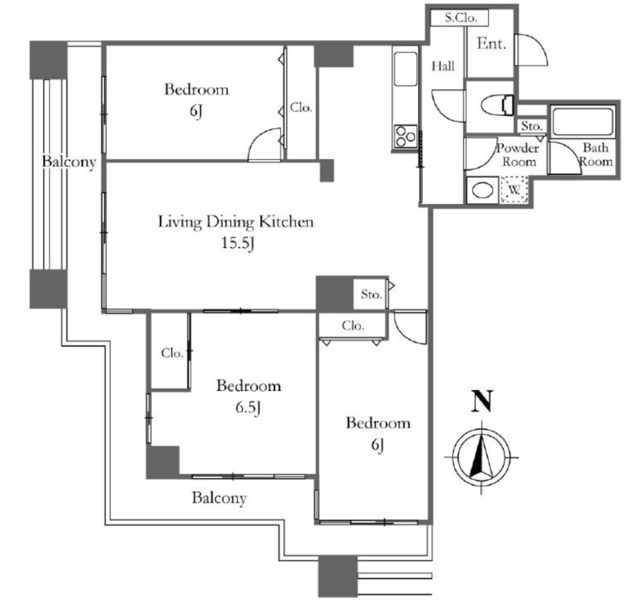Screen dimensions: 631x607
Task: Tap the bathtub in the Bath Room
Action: click(x=583, y=121)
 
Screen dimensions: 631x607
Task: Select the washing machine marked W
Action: click(x=515, y=189)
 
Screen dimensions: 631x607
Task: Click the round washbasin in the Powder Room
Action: click(x=482, y=190)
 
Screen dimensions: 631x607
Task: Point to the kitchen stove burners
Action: click(x=405, y=137)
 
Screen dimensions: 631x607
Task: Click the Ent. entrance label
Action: click(x=491, y=44)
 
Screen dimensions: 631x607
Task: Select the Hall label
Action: click(x=443, y=66)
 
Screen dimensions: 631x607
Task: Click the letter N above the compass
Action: click(x=482, y=401)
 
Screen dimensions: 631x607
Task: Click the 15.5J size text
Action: click(x=238, y=243)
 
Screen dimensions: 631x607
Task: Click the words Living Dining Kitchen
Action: click(x=235, y=222)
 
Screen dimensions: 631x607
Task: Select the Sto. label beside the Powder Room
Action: click(x=532, y=126)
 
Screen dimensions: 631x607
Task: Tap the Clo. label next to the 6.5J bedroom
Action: click(x=173, y=353)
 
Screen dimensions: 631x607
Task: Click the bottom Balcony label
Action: click(x=219, y=498)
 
